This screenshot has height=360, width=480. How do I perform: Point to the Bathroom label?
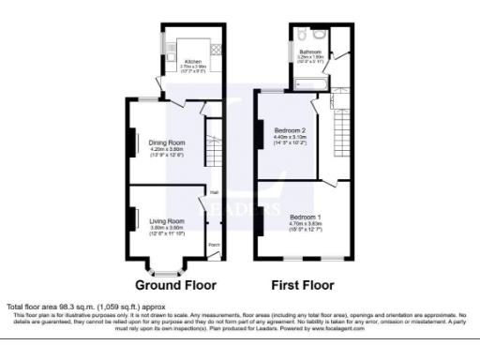309,51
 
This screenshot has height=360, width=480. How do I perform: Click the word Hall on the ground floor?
214,194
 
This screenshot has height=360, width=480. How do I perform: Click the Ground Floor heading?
175,284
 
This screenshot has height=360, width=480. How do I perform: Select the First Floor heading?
302,284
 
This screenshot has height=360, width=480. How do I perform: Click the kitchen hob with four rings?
216,48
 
